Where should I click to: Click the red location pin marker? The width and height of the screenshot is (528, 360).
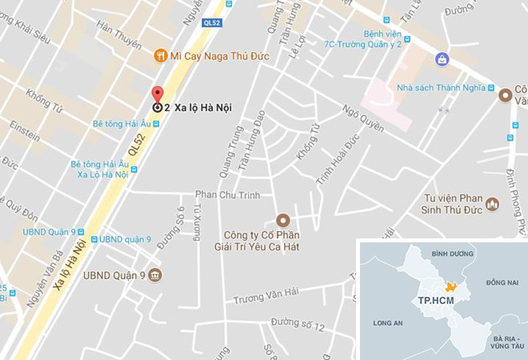(158, 94)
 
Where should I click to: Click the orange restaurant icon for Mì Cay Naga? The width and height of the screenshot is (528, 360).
(161, 55)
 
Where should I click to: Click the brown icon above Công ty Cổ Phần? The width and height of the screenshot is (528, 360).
(282, 220)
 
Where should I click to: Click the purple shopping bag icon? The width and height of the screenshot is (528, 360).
(441, 59)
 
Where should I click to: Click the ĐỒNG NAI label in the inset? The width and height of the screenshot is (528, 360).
(501, 282)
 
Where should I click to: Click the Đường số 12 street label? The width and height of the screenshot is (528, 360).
(298, 323)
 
